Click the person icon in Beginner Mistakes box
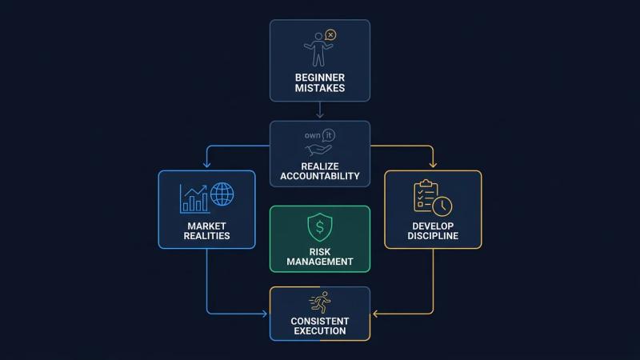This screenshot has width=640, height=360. (318, 50)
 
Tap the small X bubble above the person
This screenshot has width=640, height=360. (330, 35)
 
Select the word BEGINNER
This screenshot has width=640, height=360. (319, 78)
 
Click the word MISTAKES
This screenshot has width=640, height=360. (319, 88)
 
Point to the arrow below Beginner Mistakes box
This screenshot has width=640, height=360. (320, 110)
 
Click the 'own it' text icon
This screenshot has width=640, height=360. (319, 135)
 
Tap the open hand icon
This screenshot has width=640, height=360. (318, 150)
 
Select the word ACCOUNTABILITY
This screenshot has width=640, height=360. (319, 176)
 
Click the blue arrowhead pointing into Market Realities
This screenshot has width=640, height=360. (207, 165)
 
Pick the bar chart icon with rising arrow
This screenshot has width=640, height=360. (194, 198)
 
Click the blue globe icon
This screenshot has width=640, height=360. (222, 194)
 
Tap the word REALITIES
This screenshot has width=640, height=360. (206, 236)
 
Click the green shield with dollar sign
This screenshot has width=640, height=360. (319, 227)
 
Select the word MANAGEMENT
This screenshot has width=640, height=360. (319, 262)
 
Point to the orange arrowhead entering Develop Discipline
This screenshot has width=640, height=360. (433, 165)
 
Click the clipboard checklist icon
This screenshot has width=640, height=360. (426, 195)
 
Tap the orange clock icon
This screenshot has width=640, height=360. (442, 206)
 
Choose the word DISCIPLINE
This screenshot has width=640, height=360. (433, 236)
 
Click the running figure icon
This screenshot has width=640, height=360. (320, 302)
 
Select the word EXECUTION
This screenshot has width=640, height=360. (319, 331)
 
